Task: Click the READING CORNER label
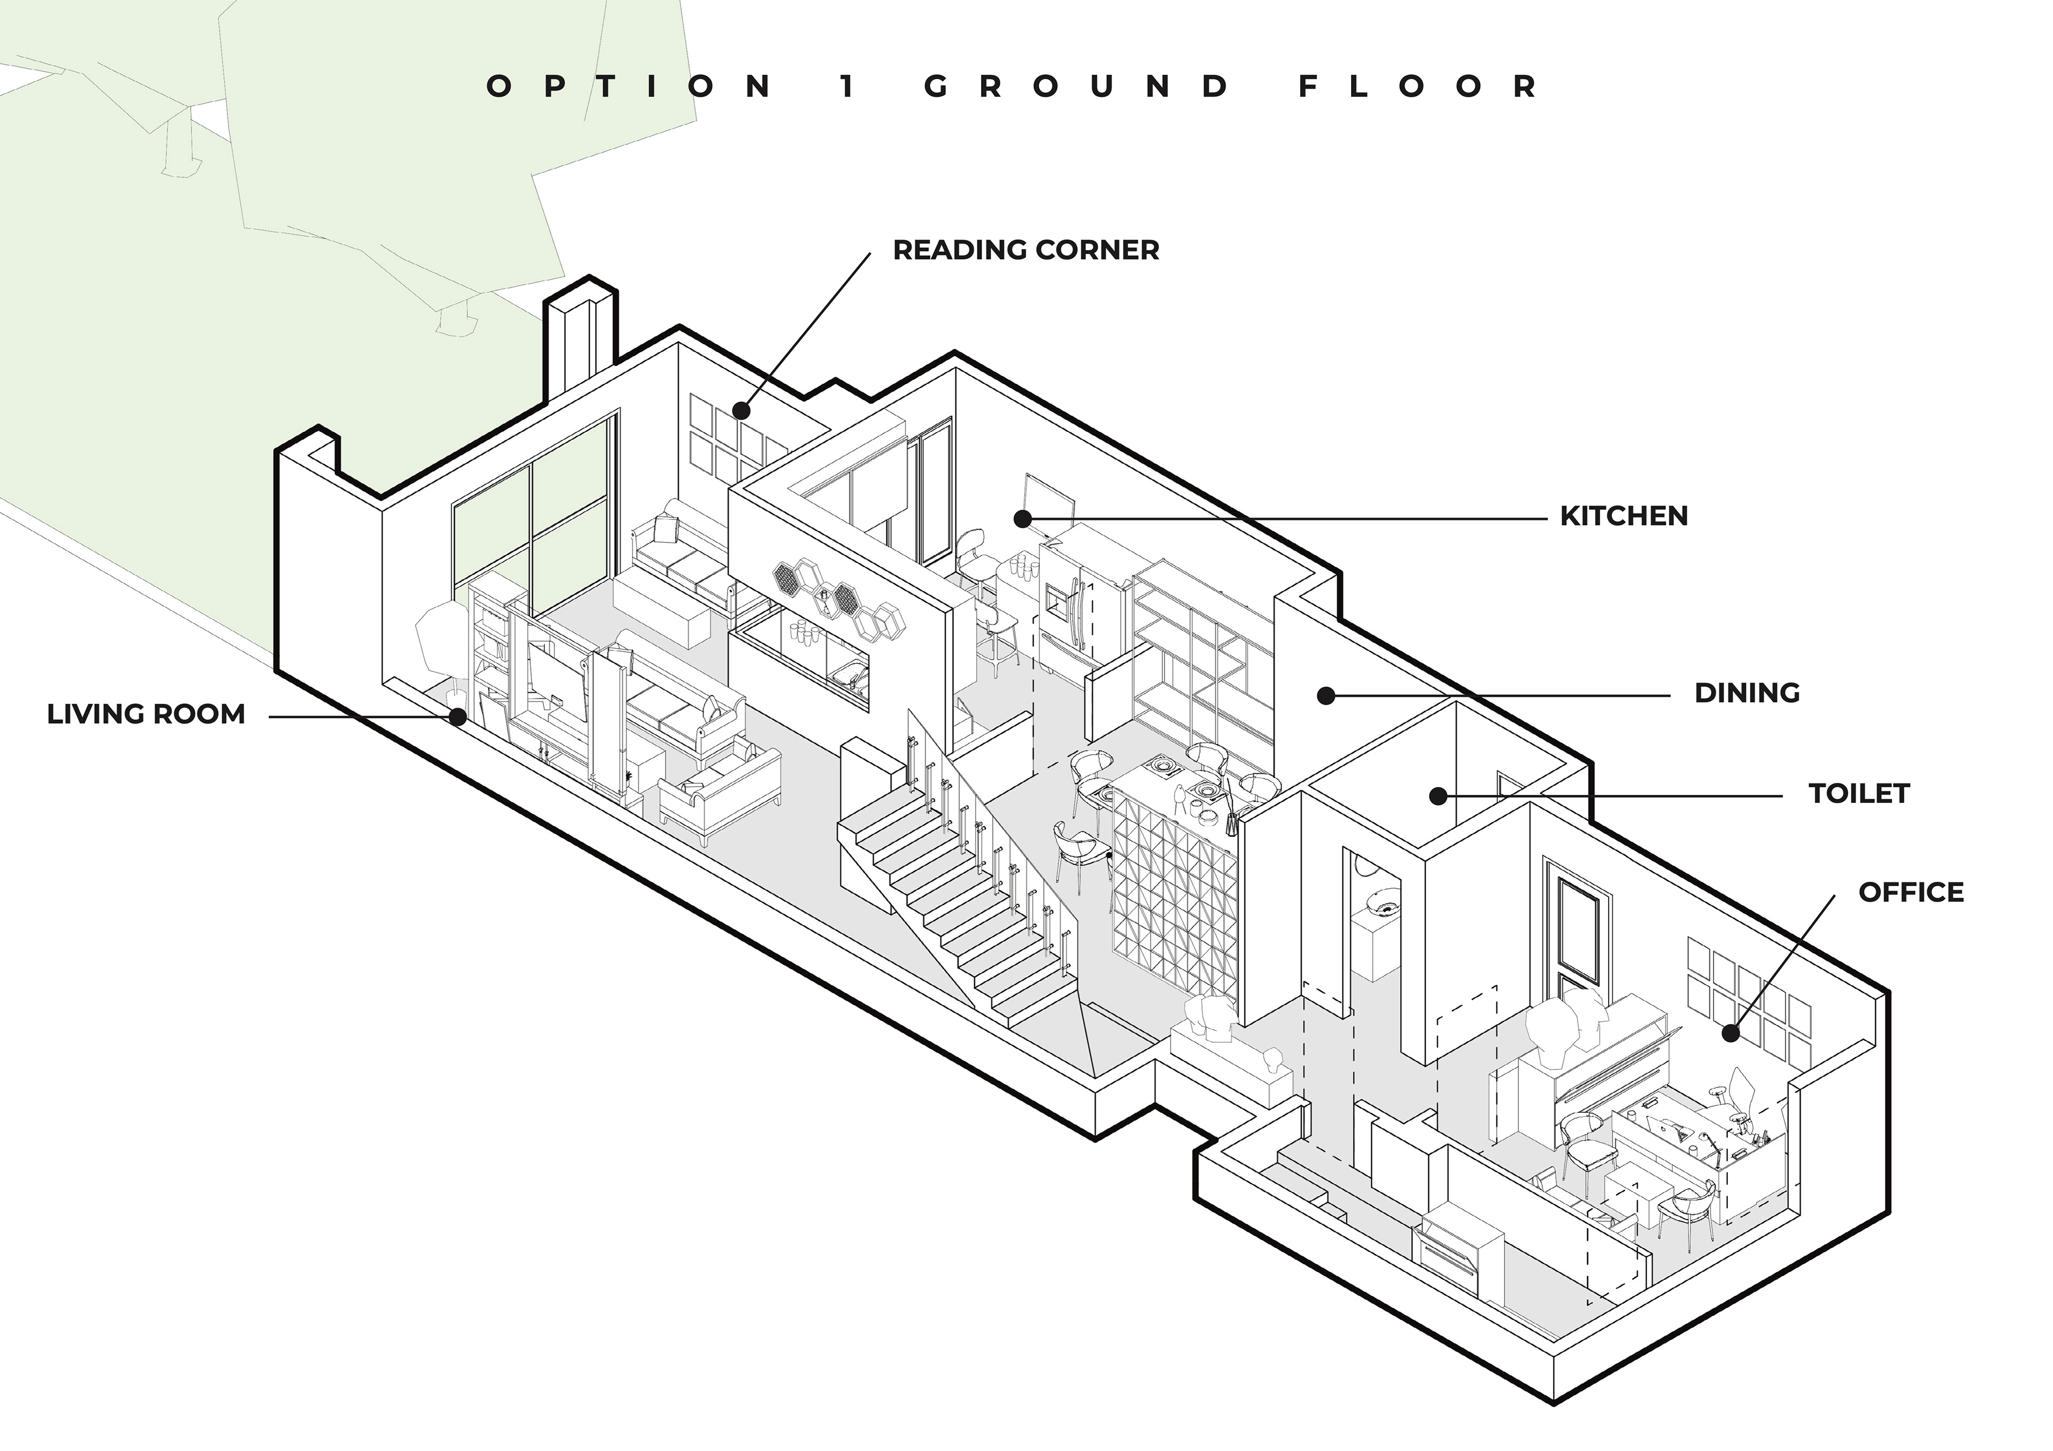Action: (1025, 250)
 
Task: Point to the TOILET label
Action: (1859, 793)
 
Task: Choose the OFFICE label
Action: (1911, 891)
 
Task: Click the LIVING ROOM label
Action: (146, 715)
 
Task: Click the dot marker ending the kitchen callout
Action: (1023, 518)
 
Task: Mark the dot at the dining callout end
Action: (1327, 695)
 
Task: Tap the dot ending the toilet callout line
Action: (1438, 795)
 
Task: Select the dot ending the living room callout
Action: (458, 716)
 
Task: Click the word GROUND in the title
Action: (1077, 87)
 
